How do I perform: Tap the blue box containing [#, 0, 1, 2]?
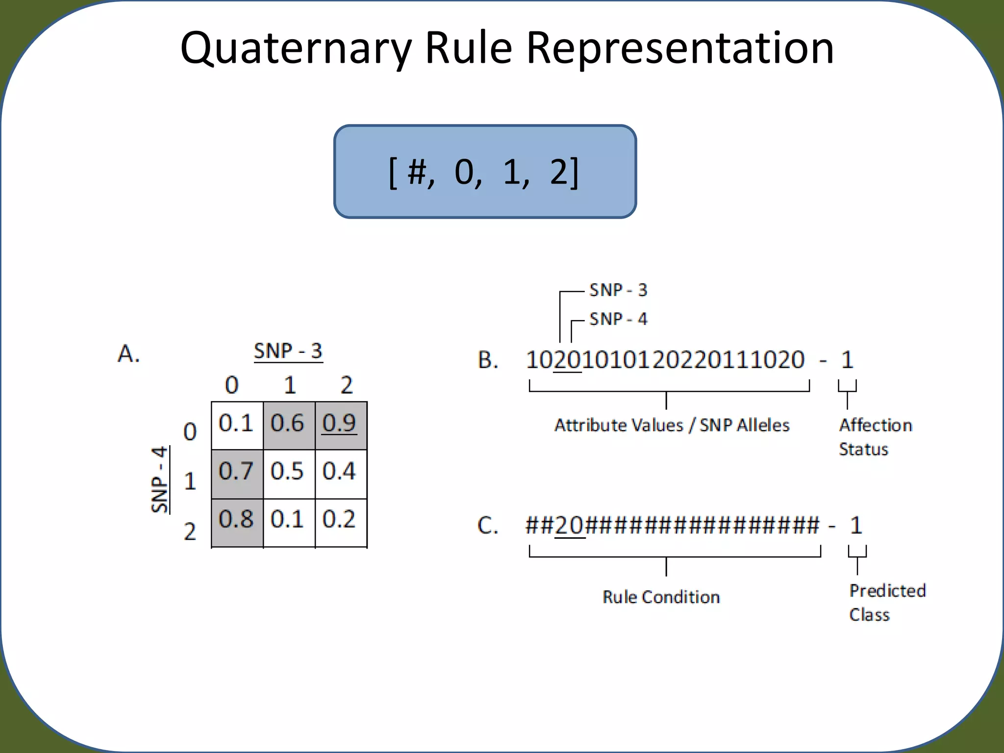[x=484, y=172]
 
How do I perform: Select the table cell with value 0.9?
[x=340, y=425]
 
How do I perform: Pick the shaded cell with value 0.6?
[x=289, y=425]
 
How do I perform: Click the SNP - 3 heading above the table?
[x=288, y=351]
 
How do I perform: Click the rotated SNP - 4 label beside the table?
[x=160, y=479]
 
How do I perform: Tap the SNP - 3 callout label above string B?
[x=618, y=290]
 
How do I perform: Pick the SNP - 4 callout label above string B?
[x=618, y=319]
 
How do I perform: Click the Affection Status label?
[x=875, y=437]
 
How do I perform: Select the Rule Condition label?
[x=661, y=597]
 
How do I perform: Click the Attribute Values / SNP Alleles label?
[x=672, y=425]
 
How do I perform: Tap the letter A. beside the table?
[x=128, y=354]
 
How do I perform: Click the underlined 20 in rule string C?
[x=570, y=526]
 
